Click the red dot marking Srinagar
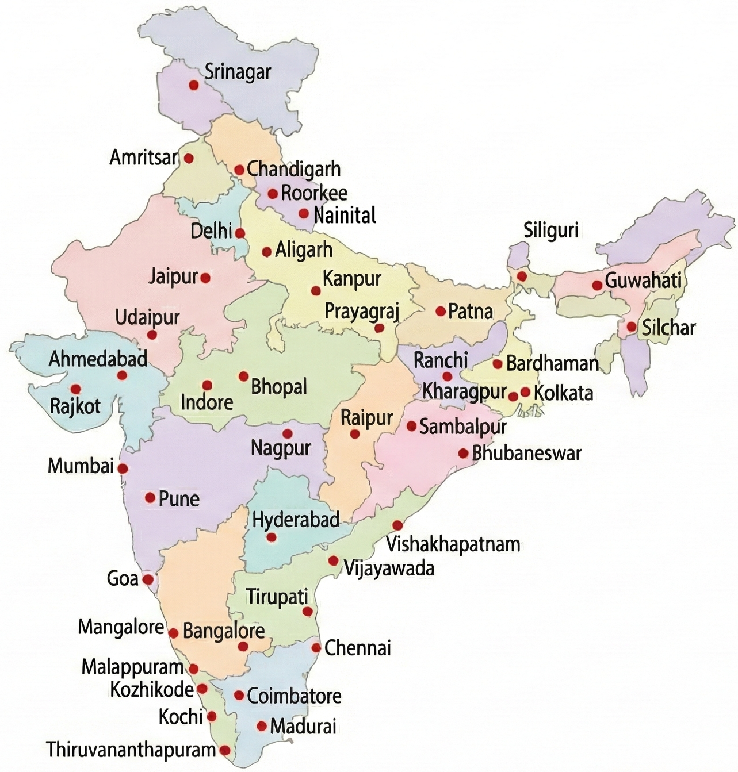point(194,85)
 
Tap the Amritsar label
point(143,158)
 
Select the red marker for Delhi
point(240,233)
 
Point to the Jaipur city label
point(173,276)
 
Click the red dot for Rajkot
point(75,389)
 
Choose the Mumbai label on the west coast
point(81,466)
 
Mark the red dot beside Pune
point(150,497)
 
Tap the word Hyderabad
point(296,520)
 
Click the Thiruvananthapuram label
point(131,750)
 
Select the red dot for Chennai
point(316,648)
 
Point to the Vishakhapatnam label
point(453,544)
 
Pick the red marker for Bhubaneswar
point(463,453)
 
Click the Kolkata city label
point(563,393)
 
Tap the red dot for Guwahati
point(597,285)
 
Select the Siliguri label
point(550,231)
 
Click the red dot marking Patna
point(440,311)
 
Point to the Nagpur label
point(281,448)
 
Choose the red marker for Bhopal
point(243,377)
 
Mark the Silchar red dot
point(632,327)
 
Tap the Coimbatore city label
point(294,696)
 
